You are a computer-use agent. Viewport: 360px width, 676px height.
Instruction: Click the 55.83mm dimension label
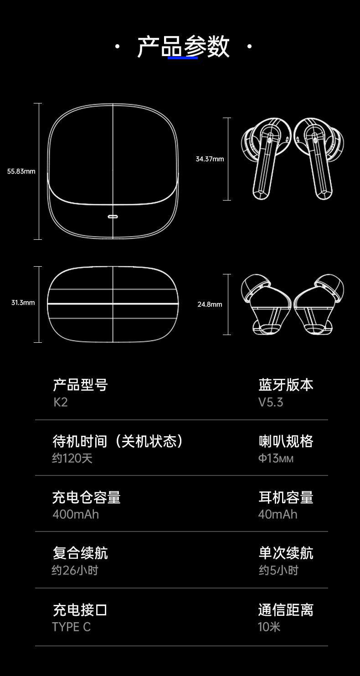point(21,171)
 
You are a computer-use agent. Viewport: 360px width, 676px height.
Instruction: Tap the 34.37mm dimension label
point(210,159)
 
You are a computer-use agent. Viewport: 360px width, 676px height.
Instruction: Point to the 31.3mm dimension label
point(23,303)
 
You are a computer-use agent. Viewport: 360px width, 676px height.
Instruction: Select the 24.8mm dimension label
point(210,304)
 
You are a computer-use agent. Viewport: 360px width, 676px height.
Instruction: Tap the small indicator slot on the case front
point(113,216)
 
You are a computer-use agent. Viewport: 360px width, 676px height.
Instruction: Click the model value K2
point(61,402)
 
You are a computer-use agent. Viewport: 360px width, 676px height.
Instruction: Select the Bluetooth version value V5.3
point(271,402)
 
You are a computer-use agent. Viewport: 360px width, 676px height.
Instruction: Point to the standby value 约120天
point(72,458)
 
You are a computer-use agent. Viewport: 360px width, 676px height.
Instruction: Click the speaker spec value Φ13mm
point(276,458)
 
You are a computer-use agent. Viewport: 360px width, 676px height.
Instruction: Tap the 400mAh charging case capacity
point(76,514)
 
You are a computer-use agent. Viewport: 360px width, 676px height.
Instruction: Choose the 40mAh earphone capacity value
point(278,514)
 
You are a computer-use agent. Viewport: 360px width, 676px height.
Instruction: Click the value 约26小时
point(75,570)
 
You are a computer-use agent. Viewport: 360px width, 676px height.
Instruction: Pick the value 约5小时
point(278,570)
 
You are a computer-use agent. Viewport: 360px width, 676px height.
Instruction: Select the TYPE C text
point(72,627)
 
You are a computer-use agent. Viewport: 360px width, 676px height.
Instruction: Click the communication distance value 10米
point(269,627)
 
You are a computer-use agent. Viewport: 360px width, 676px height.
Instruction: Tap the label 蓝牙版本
point(286,385)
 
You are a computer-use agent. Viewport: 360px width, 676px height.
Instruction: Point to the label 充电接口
point(80,609)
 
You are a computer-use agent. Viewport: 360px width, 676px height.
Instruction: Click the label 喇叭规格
point(286,441)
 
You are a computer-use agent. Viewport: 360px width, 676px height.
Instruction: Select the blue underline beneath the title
point(183,57)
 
